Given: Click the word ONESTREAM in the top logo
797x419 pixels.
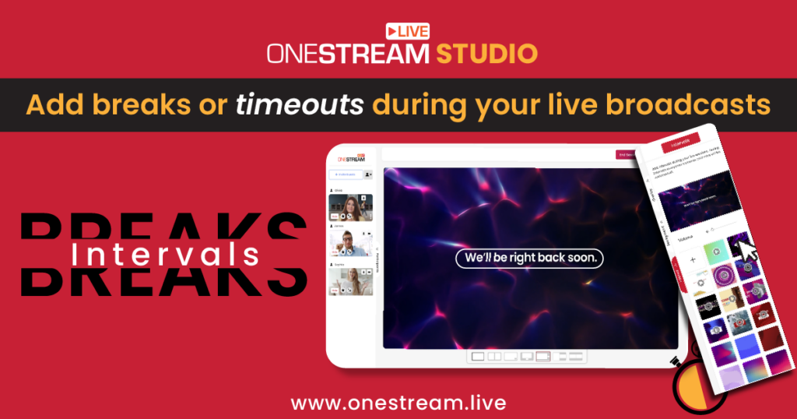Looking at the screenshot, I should [x=347, y=54].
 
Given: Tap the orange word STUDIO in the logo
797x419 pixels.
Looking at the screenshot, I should [x=486, y=54].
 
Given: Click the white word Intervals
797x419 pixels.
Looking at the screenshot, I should [x=164, y=253].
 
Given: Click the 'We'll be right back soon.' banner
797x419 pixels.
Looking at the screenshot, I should [x=529, y=258].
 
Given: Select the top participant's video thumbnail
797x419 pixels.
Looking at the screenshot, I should [x=350, y=207].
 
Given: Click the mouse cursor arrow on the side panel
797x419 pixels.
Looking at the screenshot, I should [x=746, y=249].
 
